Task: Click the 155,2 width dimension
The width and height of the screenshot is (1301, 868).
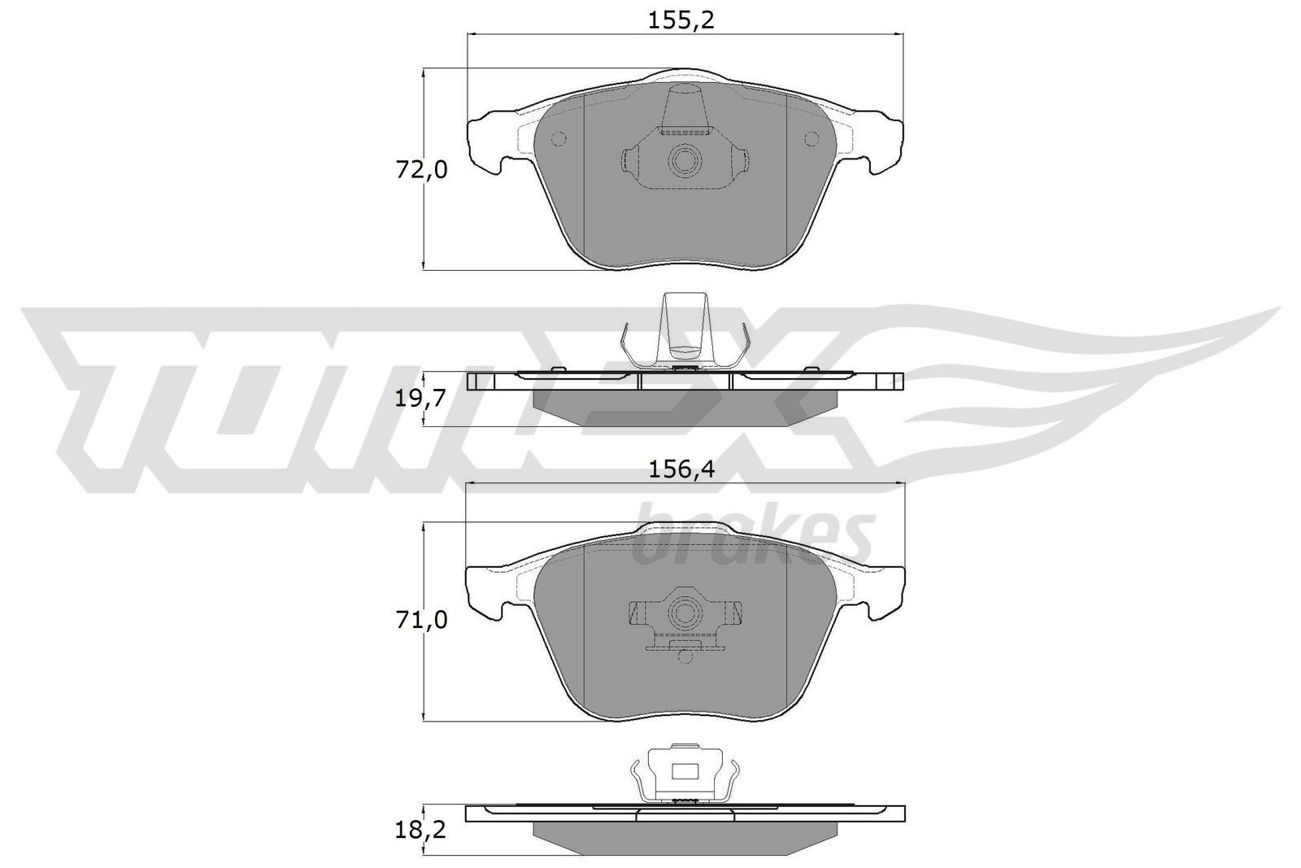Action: (x=681, y=20)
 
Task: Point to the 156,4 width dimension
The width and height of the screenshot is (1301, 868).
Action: (x=681, y=469)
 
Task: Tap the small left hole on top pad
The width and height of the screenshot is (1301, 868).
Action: (x=558, y=139)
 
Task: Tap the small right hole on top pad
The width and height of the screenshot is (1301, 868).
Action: (x=811, y=139)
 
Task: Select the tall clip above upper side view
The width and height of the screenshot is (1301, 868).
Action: (x=684, y=325)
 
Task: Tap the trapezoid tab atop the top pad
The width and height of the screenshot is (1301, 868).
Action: (x=684, y=109)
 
